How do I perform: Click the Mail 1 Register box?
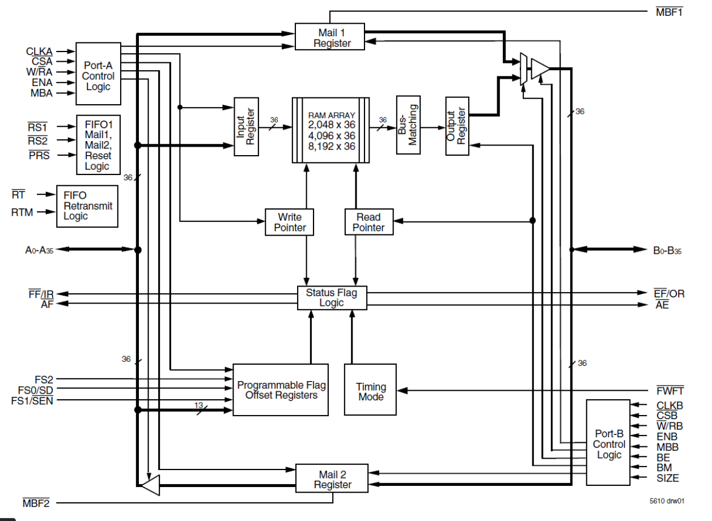[x=330, y=37]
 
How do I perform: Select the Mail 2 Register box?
[x=332, y=479]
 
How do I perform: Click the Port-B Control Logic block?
[x=608, y=443]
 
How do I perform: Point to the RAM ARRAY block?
[x=332, y=131]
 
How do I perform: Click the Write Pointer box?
[x=290, y=222]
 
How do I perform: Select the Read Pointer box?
[x=368, y=222]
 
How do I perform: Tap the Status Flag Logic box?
[x=332, y=298]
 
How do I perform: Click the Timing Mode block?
[x=371, y=391]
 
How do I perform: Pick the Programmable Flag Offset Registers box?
[x=281, y=390]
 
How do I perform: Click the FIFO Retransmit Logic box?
[x=87, y=206]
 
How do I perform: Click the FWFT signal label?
[x=669, y=391]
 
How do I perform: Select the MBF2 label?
[x=36, y=502]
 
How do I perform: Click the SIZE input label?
[x=667, y=479]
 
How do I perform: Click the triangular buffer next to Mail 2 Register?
[x=150, y=485]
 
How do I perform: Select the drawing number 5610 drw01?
[x=668, y=501]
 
